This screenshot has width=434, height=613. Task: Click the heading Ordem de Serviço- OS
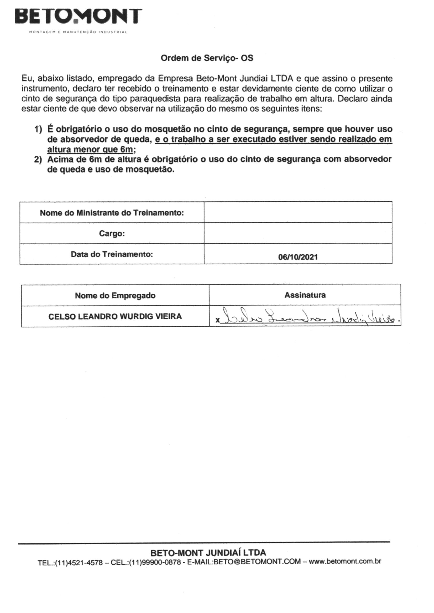coord(207,58)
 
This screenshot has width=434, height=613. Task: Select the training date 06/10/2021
coord(298,257)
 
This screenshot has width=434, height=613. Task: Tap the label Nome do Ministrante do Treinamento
coord(112,213)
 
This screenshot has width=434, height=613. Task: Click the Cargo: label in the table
coord(112,234)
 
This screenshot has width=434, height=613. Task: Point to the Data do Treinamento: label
coord(112,254)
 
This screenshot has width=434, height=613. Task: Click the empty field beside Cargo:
coord(298,233)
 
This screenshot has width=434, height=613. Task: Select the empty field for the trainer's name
coord(298,212)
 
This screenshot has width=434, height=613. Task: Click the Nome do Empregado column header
coord(115,295)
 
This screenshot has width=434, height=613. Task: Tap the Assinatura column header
coord(305,295)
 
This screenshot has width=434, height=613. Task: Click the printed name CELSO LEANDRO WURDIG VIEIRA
coord(115,317)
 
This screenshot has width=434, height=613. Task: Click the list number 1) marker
coord(38,130)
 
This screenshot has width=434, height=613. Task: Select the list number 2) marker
coord(38,160)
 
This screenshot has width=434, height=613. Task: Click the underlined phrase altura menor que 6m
coord(90,149)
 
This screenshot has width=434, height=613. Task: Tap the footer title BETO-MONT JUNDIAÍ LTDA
coord(208,552)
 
